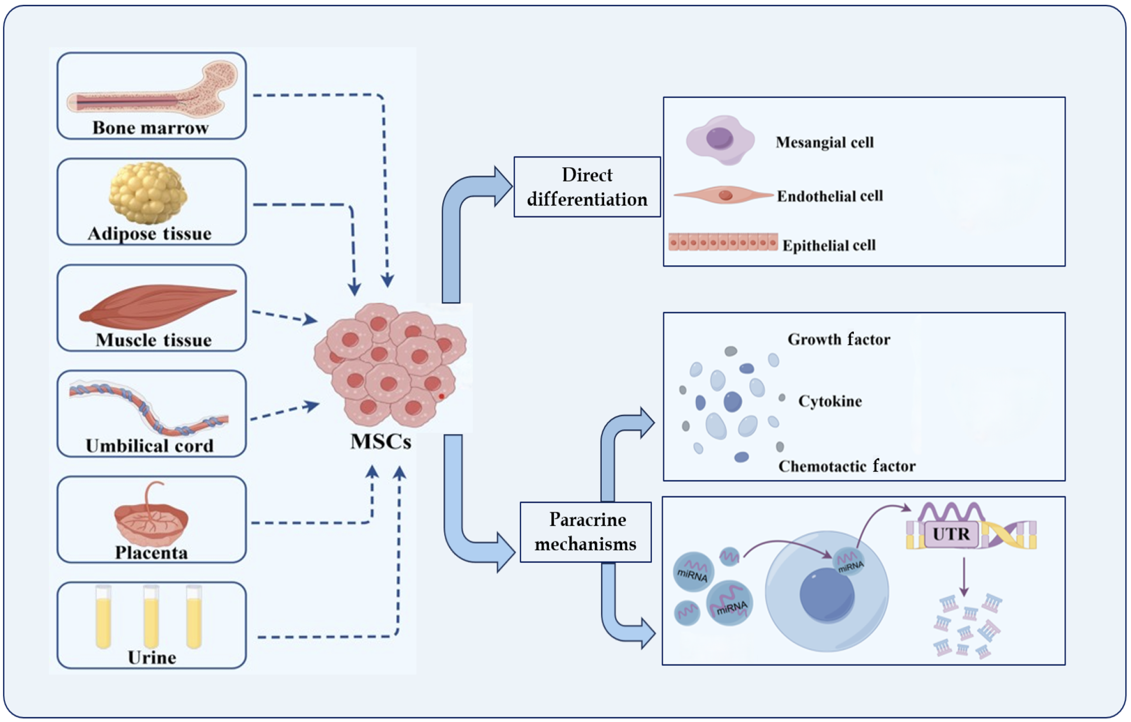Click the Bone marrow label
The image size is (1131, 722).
[x=151, y=128]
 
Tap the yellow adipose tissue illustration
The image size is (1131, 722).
[x=148, y=193]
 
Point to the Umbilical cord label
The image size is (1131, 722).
[x=150, y=446]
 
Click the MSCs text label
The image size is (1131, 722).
[x=381, y=441]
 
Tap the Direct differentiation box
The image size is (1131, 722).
[x=587, y=187]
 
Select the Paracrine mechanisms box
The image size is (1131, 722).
[x=586, y=532]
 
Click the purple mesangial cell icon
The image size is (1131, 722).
[x=720, y=140]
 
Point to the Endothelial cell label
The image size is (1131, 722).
[x=830, y=196]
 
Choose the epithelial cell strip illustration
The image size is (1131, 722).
[x=723, y=242]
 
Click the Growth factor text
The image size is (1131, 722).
[x=839, y=339]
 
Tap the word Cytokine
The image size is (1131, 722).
[x=830, y=401]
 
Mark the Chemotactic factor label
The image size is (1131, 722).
[x=847, y=466]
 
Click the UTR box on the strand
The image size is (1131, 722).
[x=951, y=534]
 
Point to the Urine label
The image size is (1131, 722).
[x=152, y=658]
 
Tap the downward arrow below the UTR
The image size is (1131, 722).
[x=964, y=577]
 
